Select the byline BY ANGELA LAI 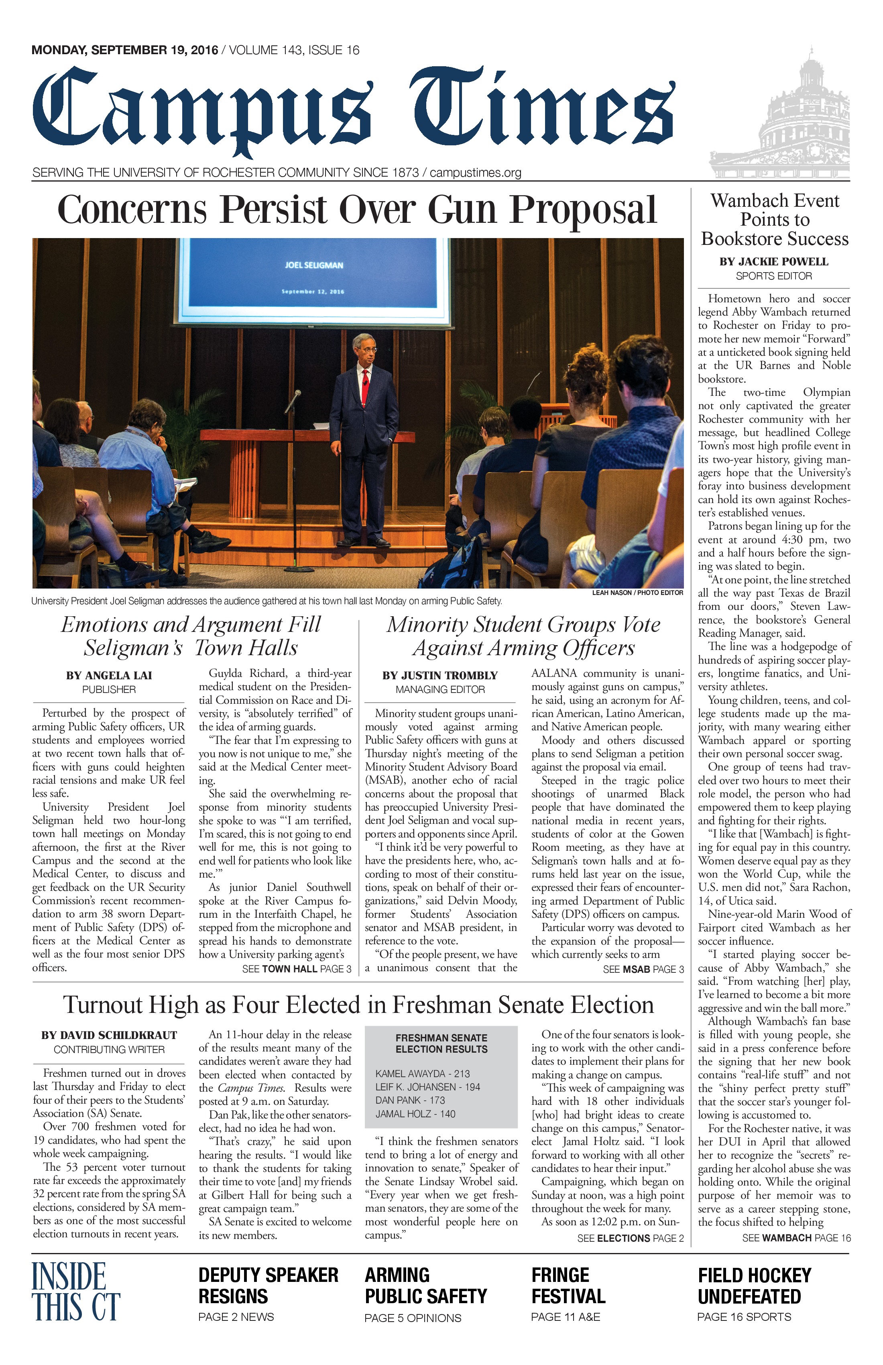click(109, 676)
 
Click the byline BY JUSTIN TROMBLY click(440, 676)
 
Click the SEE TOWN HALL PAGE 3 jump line click(297, 969)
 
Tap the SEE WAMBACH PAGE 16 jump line click(796, 1238)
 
